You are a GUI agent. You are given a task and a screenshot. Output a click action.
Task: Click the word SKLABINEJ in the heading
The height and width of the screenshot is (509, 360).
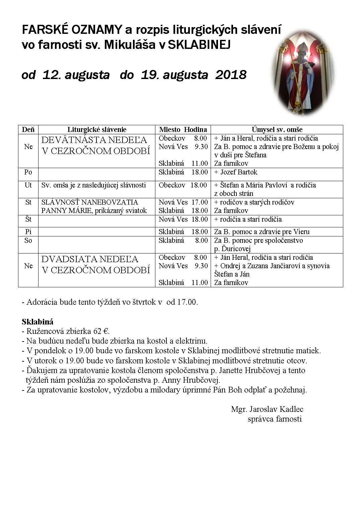(x=199, y=45)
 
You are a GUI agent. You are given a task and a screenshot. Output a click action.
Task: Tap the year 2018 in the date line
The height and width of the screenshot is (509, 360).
(x=231, y=74)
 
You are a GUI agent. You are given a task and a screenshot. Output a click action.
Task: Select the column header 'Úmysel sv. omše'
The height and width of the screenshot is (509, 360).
(x=277, y=130)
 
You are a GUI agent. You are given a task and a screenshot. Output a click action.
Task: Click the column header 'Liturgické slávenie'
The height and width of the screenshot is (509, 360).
(x=97, y=130)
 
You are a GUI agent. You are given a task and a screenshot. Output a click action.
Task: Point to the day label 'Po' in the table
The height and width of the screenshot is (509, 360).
(x=28, y=172)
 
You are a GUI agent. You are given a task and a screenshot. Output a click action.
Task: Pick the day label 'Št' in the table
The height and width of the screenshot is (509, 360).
(x=28, y=219)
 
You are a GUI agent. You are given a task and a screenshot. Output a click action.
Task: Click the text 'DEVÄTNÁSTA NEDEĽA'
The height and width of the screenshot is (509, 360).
(x=94, y=140)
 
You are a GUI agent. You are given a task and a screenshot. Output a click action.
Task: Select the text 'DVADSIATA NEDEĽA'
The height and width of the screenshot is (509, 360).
(x=90, y=259)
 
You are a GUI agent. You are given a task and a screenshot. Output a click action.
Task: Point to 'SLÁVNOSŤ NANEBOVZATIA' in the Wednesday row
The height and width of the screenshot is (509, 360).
(x=90, y=202)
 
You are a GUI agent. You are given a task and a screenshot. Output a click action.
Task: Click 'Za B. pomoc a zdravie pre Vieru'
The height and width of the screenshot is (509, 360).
(x=262, y=232)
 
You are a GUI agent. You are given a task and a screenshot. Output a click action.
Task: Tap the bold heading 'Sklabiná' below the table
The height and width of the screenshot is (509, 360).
(x=38, y=322)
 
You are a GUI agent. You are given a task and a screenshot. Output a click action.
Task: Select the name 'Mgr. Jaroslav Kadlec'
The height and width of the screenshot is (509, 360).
(x=267, y=409)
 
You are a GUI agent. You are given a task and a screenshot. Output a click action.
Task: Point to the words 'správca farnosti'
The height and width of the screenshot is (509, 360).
(x=275, y=419)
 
